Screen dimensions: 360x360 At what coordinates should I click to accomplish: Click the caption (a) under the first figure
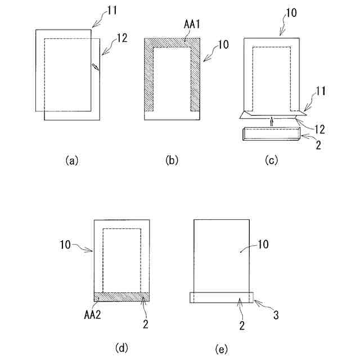71,160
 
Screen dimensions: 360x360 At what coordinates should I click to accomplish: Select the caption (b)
172,160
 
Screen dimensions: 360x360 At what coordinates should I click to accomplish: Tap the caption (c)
272,160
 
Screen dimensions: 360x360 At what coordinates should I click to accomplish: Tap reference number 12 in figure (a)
121,39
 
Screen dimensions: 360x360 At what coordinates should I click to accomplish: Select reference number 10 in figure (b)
223,46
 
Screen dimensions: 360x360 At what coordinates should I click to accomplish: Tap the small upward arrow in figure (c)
271,121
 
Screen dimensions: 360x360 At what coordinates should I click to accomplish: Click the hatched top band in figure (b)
172,43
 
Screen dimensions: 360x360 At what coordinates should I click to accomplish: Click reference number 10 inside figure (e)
248,245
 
